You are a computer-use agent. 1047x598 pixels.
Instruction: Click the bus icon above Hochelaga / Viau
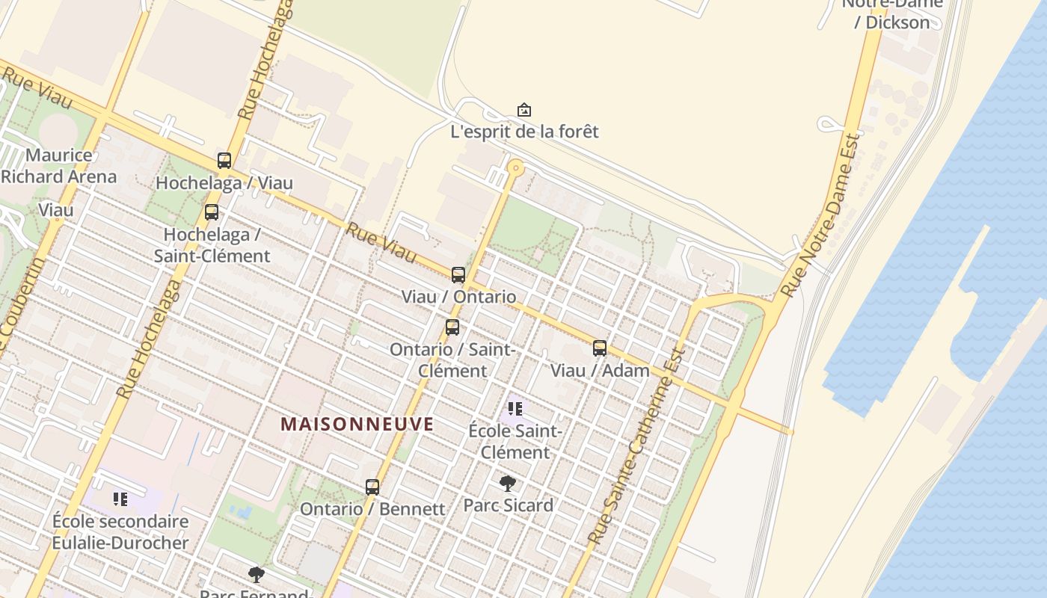click(224, 160)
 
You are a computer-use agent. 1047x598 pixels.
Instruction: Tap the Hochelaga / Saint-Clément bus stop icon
click(212, 212)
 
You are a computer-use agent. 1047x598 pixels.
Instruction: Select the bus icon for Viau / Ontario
click(458, 274)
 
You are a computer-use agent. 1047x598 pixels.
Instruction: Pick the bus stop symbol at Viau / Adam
click(600, 348)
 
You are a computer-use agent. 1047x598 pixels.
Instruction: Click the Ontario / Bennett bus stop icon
click(372, 487)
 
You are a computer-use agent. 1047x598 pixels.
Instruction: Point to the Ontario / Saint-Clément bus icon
click(452, 327)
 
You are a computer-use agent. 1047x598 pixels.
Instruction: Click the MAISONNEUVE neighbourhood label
click(357, 425)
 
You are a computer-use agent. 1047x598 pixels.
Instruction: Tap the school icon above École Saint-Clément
click(515, 409)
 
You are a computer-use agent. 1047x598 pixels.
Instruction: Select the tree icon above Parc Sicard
click(508, 483)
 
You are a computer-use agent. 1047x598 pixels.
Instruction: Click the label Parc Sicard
click(509, 505)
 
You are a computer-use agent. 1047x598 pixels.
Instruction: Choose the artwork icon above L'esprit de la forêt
click(524, 110)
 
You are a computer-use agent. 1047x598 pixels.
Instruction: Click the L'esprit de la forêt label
click(524, 132)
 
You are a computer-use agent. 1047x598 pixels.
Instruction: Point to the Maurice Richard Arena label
click(59, 166)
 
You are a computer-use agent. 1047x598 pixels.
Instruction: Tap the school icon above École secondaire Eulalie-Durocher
click(120, 499)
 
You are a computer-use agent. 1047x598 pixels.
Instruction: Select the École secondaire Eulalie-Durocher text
click(120, 531)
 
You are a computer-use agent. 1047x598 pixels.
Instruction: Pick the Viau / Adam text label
click(600, 370)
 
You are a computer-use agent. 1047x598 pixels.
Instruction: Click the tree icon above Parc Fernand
click(257, 574)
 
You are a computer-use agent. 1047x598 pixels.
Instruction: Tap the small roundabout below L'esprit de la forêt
click(515, 168)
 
